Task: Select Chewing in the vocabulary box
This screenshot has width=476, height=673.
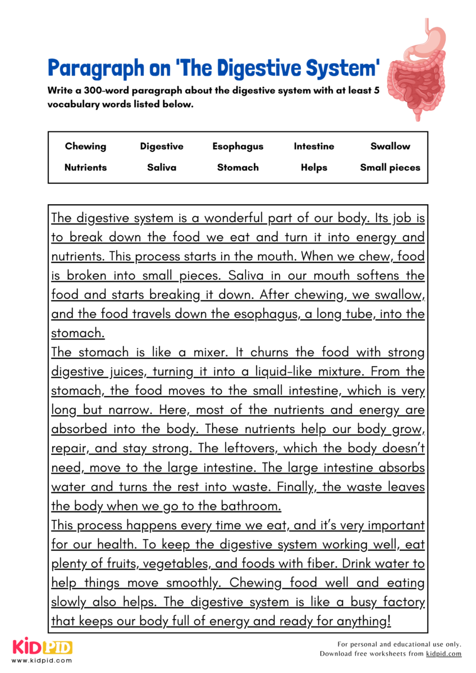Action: [85, 146]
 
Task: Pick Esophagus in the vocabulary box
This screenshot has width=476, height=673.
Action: [237, 146]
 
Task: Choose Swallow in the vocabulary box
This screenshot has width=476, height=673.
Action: [390, 146]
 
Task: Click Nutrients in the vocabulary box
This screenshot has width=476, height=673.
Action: [85, 167]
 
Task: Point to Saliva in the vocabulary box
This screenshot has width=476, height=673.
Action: [162, 167]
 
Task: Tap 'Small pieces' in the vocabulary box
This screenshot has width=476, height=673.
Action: [390, 167]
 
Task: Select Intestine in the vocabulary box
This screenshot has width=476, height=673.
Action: [314, 146]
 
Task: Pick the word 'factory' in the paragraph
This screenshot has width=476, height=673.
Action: [403, 602]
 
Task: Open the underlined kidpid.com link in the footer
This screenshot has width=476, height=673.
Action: [443, 653]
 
